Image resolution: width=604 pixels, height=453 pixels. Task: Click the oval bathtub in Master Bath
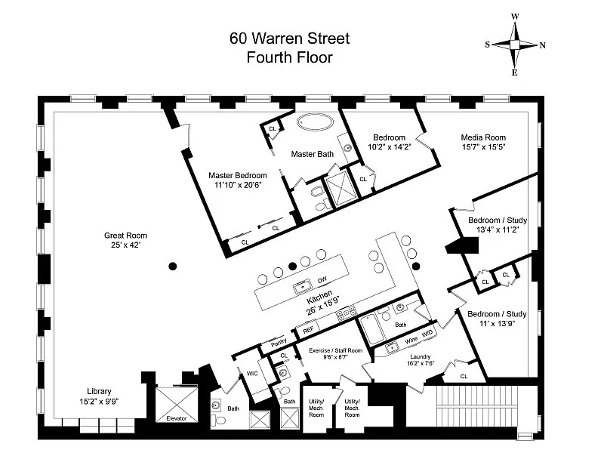pyautogui.click(x=315, y=122)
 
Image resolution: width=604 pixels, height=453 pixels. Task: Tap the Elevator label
pyautogui.click(x=177, y=418)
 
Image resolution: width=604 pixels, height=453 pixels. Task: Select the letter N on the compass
pyautogui.click(x=542, y=45)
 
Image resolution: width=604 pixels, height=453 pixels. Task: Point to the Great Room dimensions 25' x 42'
pyautogui.click(x=125, y=245)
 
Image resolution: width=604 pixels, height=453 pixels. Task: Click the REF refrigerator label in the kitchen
pyautogui.click(x=308, y=330)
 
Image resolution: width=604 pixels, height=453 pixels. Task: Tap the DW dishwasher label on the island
pyautogui.click(x=322, y=280)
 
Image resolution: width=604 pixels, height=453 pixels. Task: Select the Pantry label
pyautogui.click(x=279, y=342)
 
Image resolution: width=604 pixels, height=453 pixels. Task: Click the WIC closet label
pyautogui.click(x=252, y=373)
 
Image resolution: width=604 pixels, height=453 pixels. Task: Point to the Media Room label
pyautogui.click(x=483, y=137)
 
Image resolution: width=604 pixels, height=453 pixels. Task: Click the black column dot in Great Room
pyautogui.click(x=173, y=266)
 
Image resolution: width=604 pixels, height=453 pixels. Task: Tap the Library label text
pyautogui.click(x=99, y=391)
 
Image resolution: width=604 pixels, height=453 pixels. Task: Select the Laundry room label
pyautogui.click(x=421, y=356)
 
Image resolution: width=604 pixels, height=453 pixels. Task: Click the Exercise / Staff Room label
pyautogui.click(x=335, y=350)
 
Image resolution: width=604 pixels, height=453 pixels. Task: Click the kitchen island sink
pyautogui.click(x=303, y=288)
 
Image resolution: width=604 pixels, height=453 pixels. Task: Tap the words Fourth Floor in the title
pyautogui.click(x=289, y=57)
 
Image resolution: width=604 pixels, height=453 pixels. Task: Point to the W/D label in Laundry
pyautogui.click(x=427, y=334)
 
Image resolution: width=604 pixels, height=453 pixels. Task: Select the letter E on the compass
pyautogui.click(x=515, y=72)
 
